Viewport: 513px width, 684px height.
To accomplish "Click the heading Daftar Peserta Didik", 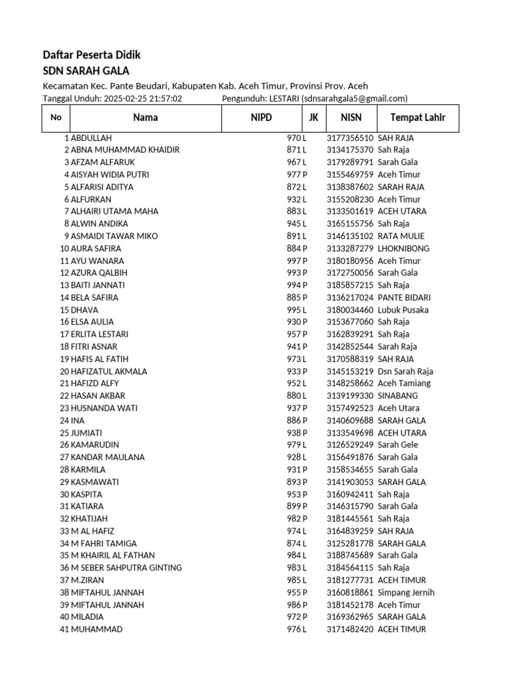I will pyautogui.click(x=92, y=55).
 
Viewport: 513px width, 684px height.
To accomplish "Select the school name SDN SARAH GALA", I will pyautogui.click(x=85, y=71).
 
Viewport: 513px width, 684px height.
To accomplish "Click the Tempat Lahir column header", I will pyautogui.click(x=417, y=118).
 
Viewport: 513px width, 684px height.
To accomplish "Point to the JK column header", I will pyautogui.click(x=313, y=118).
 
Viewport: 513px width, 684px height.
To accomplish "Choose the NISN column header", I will pyautogui.click(x=351, y=118).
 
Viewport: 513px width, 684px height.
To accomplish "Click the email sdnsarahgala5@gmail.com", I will pyautogui.click(x=355, y=98).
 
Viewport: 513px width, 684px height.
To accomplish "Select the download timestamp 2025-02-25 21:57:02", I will pyautogui.click(x=142, y=98).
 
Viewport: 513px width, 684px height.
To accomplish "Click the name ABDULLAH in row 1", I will pyautogui.click(x=92, y=138).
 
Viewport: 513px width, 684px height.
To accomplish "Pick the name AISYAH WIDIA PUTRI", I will pyautogui.click(x=110, y=174).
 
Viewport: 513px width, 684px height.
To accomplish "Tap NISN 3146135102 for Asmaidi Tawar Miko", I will pyautogui.click(x=350, y=236).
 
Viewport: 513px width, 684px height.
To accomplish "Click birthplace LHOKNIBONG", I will pyautogui.click(x=403, y=248).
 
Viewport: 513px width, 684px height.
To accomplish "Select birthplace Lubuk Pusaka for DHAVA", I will pyautogui.click(x=403, y=310).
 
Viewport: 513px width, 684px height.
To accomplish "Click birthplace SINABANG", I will pyautogui.click(x=397, y=395).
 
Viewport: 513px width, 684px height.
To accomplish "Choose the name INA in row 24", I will pyautogui.click(x=77, y=420).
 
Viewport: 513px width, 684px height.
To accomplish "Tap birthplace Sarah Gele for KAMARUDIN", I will pyautogui.click(x=398, y=445).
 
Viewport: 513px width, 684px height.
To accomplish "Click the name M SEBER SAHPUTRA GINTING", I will pyautogui.click(x=126, y=568).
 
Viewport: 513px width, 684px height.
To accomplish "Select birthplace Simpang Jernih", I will pyautogui.click(x=406, y=592).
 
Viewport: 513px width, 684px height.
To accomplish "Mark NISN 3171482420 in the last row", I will pyautogui.click(x=350, y=629).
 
